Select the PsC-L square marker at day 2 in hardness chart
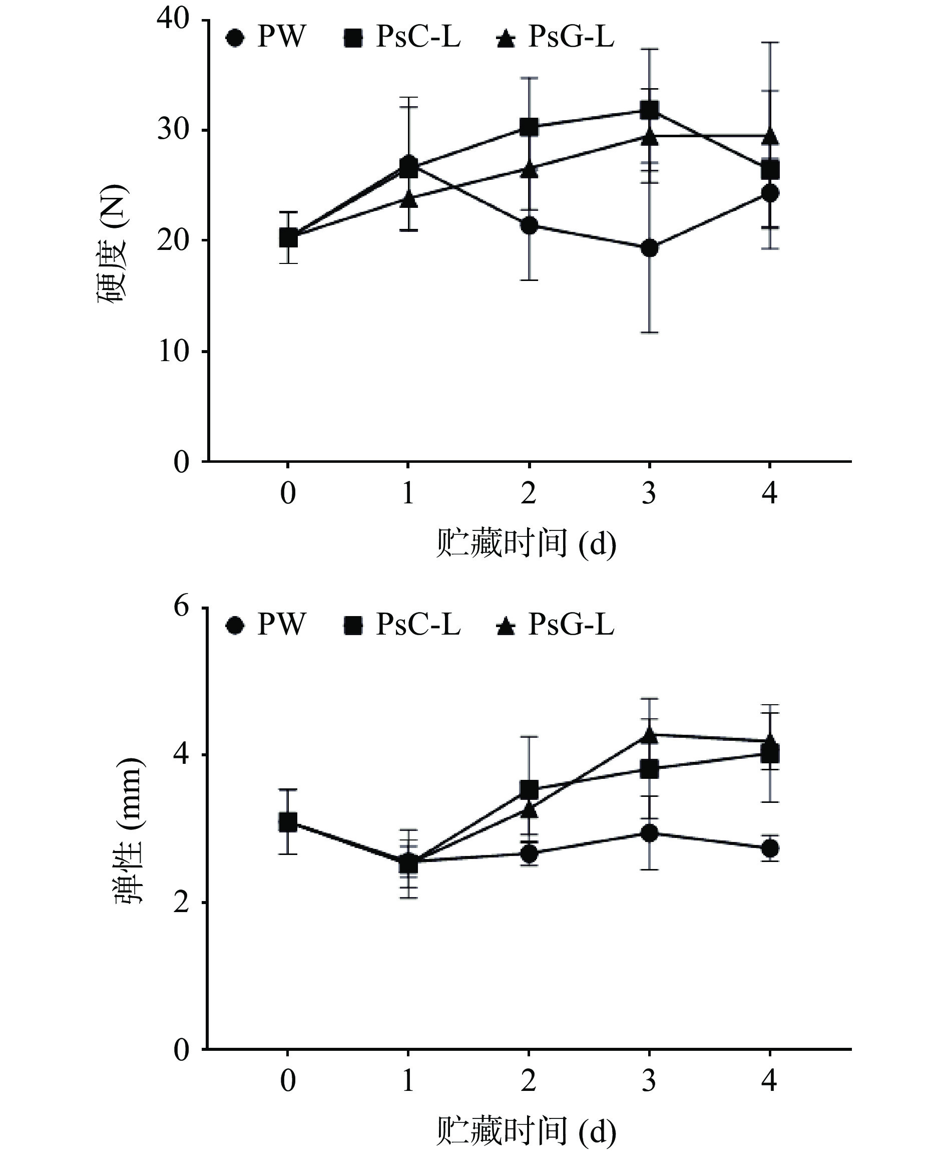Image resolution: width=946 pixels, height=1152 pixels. coord(529,127)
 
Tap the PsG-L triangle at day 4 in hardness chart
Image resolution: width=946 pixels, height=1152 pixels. coord(769,136)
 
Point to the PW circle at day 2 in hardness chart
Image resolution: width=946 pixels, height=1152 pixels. coord(529,225)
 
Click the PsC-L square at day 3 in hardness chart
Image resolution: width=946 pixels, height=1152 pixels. coord(649,111)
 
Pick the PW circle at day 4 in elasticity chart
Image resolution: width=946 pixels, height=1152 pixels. coord(769,848)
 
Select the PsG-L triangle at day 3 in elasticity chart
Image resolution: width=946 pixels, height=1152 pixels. coord(649,735)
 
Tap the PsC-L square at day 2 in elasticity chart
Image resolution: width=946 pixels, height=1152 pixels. coord(529,789)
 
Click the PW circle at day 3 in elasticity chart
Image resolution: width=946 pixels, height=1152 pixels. coord(649,833)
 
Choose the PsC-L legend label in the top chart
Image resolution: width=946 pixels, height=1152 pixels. coord(417,38)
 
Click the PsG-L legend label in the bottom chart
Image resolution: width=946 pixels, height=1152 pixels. coord(571,624)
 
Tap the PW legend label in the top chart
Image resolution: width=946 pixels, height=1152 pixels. coord(281,38)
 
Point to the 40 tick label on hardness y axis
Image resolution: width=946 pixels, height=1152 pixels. coord(173,19)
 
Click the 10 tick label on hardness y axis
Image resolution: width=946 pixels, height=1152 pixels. coord(173,352)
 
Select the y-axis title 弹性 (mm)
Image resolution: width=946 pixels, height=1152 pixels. coord(129,831)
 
